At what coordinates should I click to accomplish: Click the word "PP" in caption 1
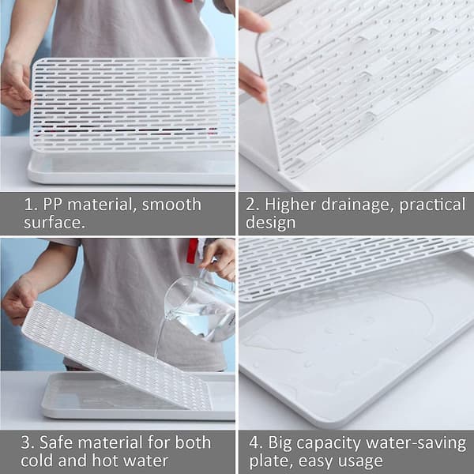tap(52, 205)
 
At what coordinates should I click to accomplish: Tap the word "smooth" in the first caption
tap(171, 205)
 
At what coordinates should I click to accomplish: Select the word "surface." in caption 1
tap(55, 223)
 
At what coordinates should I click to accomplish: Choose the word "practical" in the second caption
tap(432, 205)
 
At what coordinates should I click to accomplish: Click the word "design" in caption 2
tap(270, 223)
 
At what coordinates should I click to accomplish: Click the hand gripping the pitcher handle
tap(219, 259)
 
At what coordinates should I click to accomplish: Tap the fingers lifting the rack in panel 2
tap(253, 55)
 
